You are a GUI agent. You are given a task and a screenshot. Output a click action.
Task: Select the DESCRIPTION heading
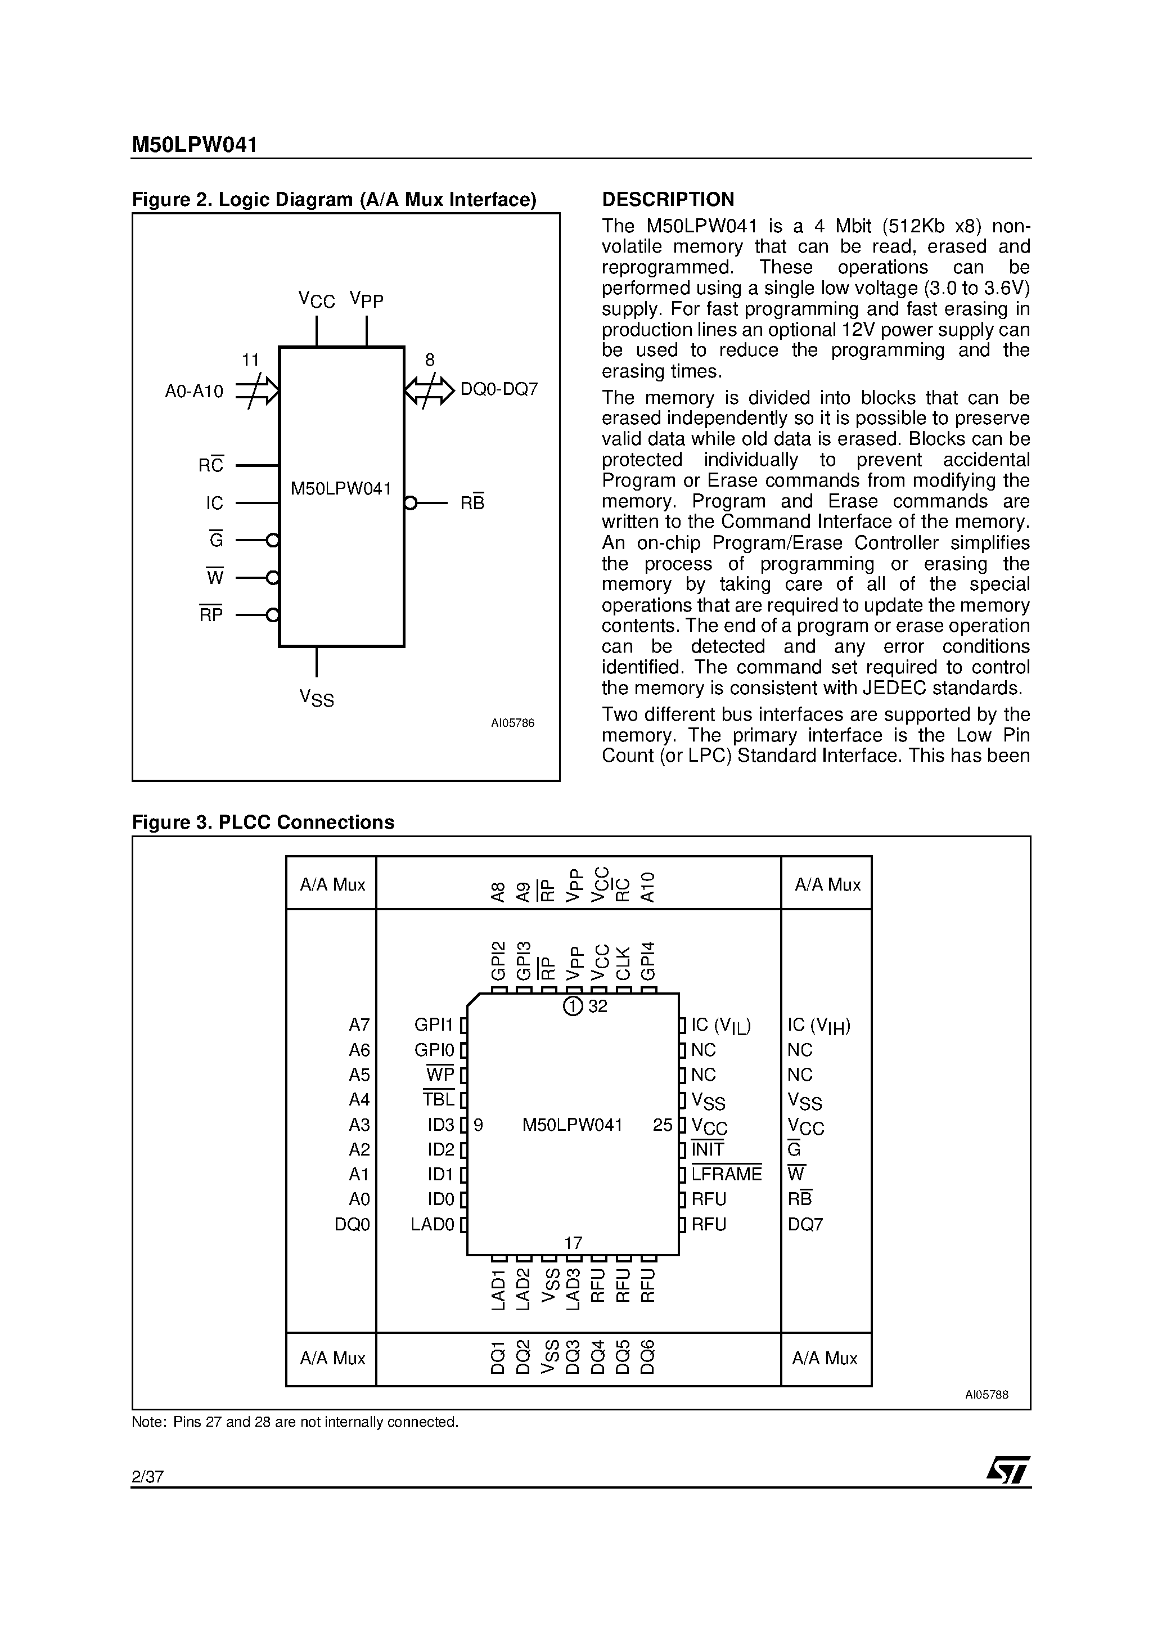668,199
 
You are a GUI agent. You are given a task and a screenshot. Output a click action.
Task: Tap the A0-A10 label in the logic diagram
194,391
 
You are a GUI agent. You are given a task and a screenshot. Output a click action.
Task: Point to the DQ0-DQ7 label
499,390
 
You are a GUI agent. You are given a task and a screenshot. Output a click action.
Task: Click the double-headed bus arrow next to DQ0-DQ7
429,391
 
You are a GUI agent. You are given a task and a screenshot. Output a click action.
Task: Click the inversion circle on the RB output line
410,503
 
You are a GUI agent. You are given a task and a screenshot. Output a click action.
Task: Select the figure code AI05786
512,723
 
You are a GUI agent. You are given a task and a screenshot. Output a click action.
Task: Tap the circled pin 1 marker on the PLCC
573,1006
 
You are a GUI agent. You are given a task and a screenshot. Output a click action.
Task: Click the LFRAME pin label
727,1174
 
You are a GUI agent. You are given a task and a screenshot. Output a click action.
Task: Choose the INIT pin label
708,1149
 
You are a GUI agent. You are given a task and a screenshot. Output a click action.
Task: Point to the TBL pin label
439,1099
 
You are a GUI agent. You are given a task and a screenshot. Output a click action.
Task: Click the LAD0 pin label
433,1224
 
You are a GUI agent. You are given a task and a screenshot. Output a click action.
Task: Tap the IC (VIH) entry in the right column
819,1026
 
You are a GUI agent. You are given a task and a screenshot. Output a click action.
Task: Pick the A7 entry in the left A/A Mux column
359,1025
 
